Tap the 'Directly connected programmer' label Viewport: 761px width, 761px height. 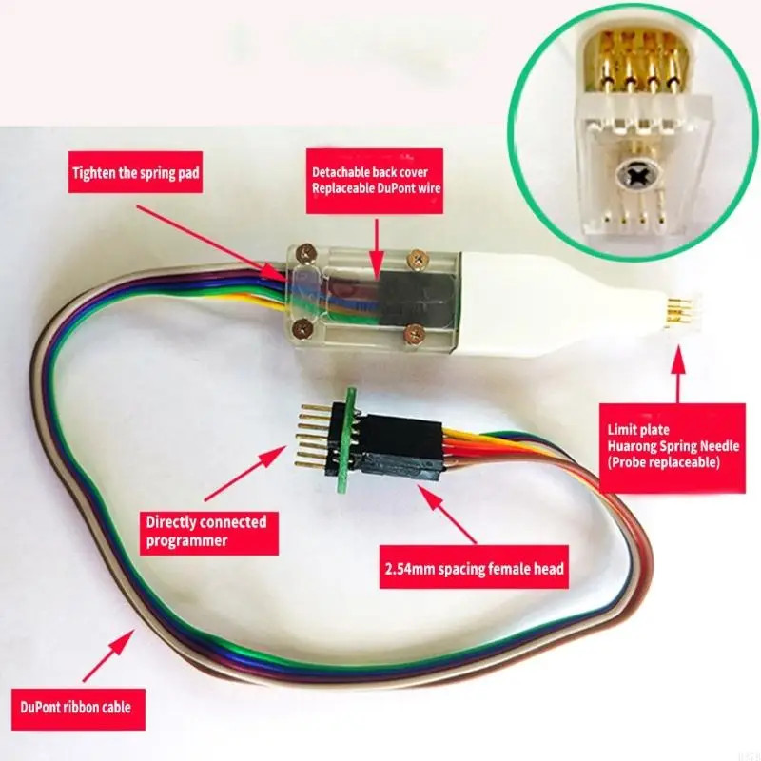[x=205, y=532]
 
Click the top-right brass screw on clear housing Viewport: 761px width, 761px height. [x=417, y=256]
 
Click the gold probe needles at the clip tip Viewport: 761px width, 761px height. [x=677, y=309]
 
